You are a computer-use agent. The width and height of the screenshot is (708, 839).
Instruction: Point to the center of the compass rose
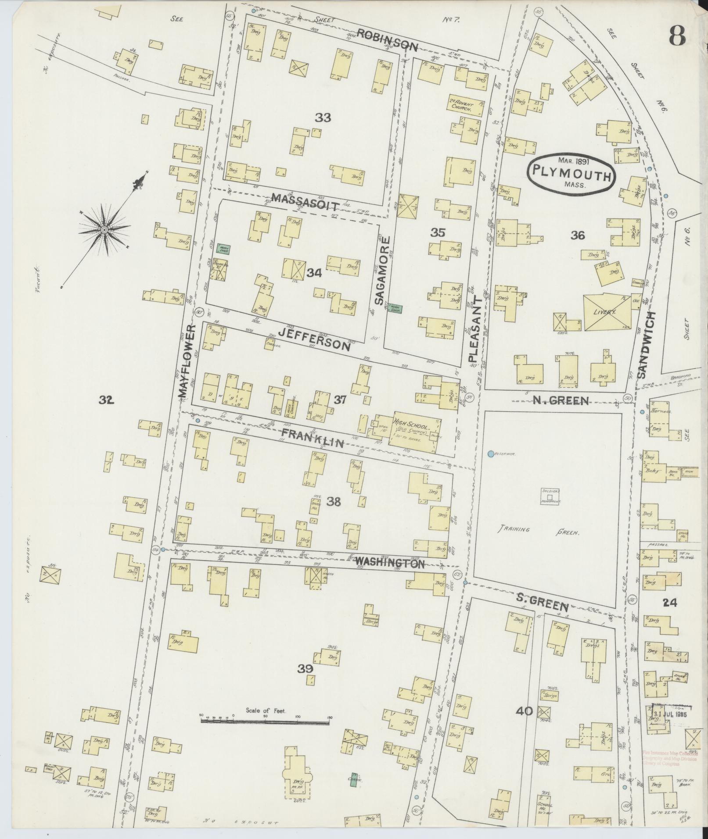(104, 230)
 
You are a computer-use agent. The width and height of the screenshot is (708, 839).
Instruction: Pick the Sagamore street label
(381, 271)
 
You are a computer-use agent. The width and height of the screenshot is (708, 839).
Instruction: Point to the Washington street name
(389, 563)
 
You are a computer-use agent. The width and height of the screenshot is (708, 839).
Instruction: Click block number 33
(323, 118)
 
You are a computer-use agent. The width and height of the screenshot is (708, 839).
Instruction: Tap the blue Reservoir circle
(490, 454)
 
